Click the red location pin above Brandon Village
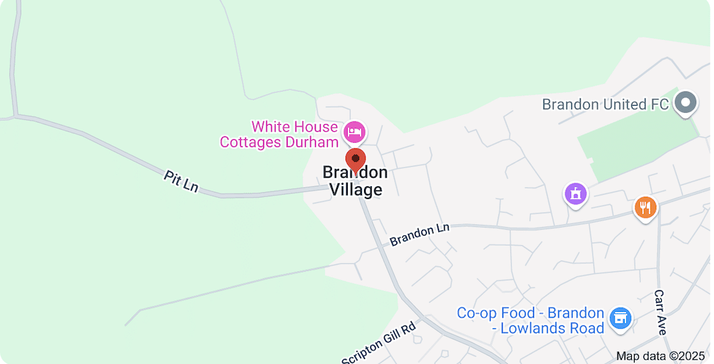(356, 159)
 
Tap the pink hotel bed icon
(355, 131)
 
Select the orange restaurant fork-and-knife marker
(645, 208)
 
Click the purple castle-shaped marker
(575, 193)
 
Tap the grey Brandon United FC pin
(686, 103)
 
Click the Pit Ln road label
(180, 181)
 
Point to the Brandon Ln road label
(420, 233)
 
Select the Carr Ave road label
(661, 313)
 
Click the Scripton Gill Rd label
(378, 344)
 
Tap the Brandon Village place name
(356, 181)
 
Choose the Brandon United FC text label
(605, 104)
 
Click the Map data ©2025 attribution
(660, 355)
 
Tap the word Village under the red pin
(356, 190)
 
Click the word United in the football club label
(624, 104)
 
